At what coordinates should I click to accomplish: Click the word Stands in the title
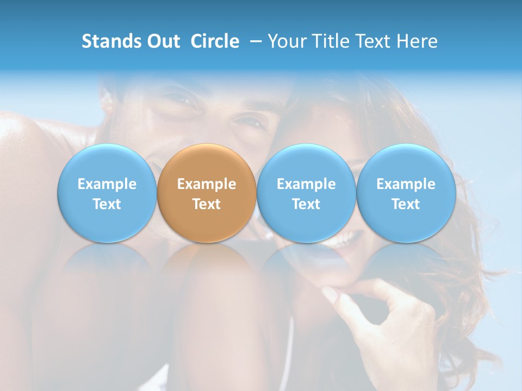pyautogui.click(x=108, y=41)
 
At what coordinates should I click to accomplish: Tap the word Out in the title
pyautogui.click(x=162, y=41)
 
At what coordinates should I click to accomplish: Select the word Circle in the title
pyautogui.click(x=215, y=41)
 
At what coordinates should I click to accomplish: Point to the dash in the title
pyautogui.click(x=254, y=42)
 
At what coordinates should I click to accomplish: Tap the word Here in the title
pyautogui.click(x=417, y=41)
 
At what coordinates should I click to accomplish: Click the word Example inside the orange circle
pyautogui.click(x=207, y=184)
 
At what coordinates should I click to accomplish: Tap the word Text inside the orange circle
pyautogui.click(x=207, y=204)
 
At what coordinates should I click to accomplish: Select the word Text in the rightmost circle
pyautogui.click(x=406, y=204)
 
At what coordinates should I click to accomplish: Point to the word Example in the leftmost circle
pyautogui.click(x=107, y=184)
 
